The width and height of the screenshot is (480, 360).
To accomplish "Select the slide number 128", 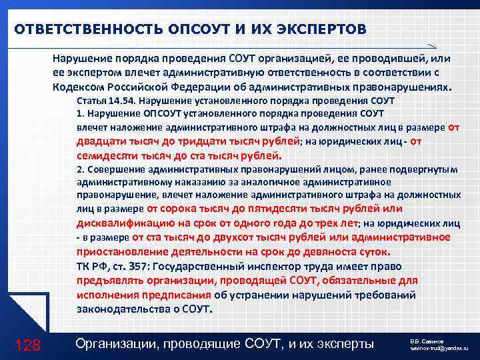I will [x=28, y=345].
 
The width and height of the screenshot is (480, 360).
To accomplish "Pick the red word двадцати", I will [x=103, y=141].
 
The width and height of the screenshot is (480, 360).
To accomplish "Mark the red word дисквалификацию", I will [x=121, y=222].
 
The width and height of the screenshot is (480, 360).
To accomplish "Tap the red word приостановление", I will [x=121, y=252].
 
